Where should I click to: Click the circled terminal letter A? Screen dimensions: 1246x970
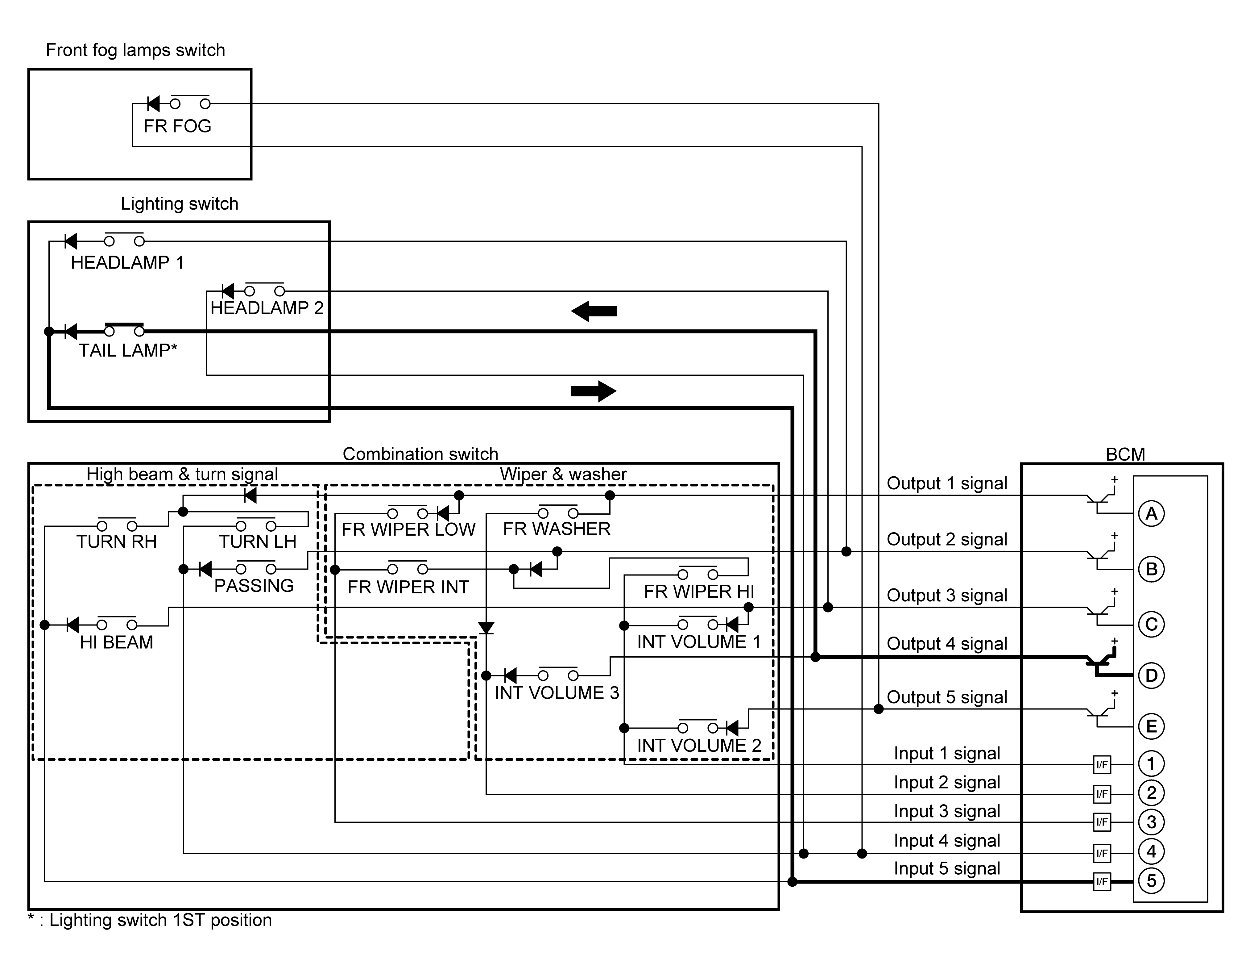[x=1151, y=513]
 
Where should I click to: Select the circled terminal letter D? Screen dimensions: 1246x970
[x=1151, y=675]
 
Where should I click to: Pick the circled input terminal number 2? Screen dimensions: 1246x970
[x=1151, y=793]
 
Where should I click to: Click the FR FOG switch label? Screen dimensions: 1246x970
[x=177, y=126]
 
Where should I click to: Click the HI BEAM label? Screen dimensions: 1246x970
[x=116, y=642]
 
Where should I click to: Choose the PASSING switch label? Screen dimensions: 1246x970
[x=254, y=586]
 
